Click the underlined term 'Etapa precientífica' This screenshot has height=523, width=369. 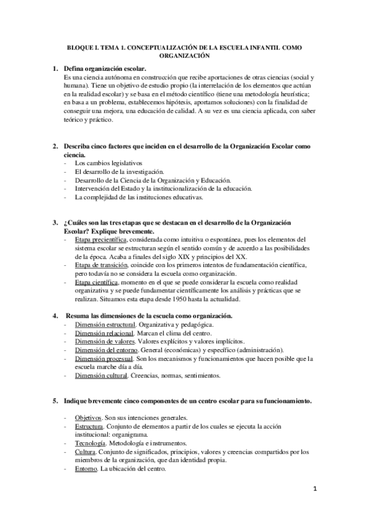click(100, 239)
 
